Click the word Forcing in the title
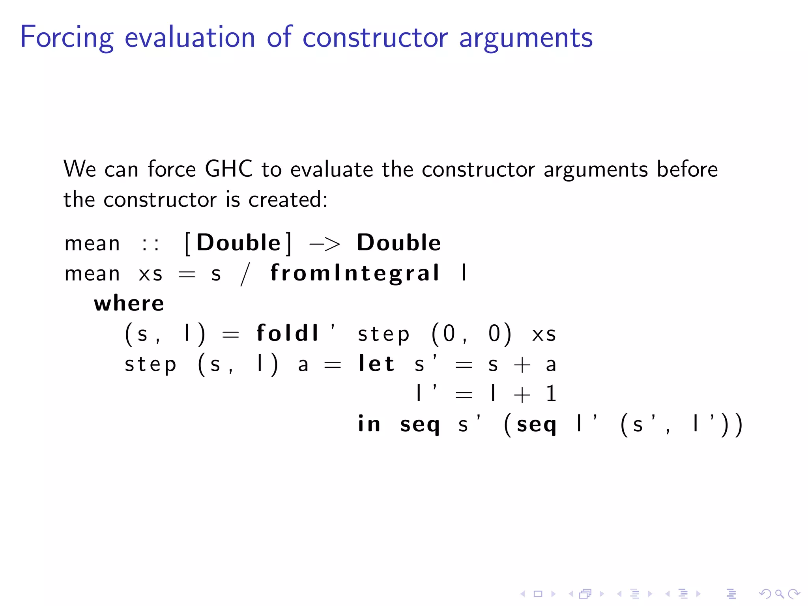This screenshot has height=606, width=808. coord(67,37)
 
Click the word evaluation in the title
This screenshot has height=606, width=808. coord(190,37)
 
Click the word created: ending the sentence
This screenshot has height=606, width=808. coord(288,199)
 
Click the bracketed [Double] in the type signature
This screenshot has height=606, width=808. coord(238,243)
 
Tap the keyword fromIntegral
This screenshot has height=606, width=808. coord(354,273)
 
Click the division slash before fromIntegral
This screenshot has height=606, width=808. coord(245,274)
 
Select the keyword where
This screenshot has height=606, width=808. coord(129,303)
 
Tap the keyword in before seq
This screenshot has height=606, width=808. coord(369,424)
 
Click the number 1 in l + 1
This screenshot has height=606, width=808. coord(551,393)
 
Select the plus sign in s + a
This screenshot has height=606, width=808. coord(522,364)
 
